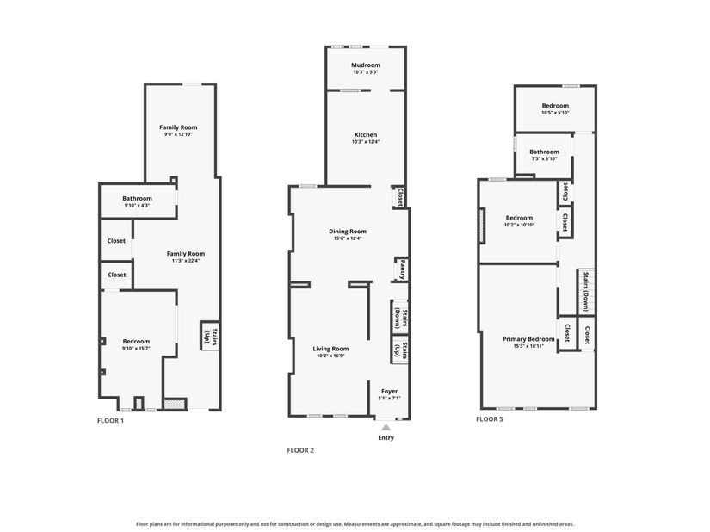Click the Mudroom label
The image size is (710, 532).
pyautogui.click(x=366, y=65)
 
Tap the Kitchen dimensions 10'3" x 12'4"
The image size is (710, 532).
pyautogui.click(x=366, y=142)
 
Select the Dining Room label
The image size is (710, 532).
pyautogui.click(x=348, y=232)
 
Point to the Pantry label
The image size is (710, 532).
pyautogui.click(x=403, y=269)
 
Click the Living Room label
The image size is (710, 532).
pyautogui.click(x=331, y=349)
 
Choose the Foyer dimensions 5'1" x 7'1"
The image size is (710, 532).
pyautogui.click(x=389, y=399)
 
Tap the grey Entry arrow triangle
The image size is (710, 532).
pyautogui.click(x=386, y=427)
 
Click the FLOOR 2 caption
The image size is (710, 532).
pyautogui.click(x=300, y=450)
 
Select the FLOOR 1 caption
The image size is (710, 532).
pyautogui.click(x=110, y=420)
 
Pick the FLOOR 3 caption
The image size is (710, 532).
pyautogui.click(x=490, y=419)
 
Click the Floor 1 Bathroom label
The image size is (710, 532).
pyautogui.click(x=137, y=198)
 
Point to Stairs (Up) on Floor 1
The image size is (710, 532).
pyautogui.click(x=211, y=337)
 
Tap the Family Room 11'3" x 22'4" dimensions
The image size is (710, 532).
pyautogui.click(x=186, y=261)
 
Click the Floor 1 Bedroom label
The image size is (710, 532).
pyautogui.click(x=136, y=342)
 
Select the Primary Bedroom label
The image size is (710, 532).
pyautogui.click(x=528, y=339)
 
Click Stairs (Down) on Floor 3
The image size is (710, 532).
pyautogui.click(x=586, y=292)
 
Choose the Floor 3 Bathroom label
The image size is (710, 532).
pyautogui.click(x=544, y=152)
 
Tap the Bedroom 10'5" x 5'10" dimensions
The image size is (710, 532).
pyautogui.click(x=555, y=113)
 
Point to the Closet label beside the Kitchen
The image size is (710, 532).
pyautogui.click(x=400, y=197)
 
